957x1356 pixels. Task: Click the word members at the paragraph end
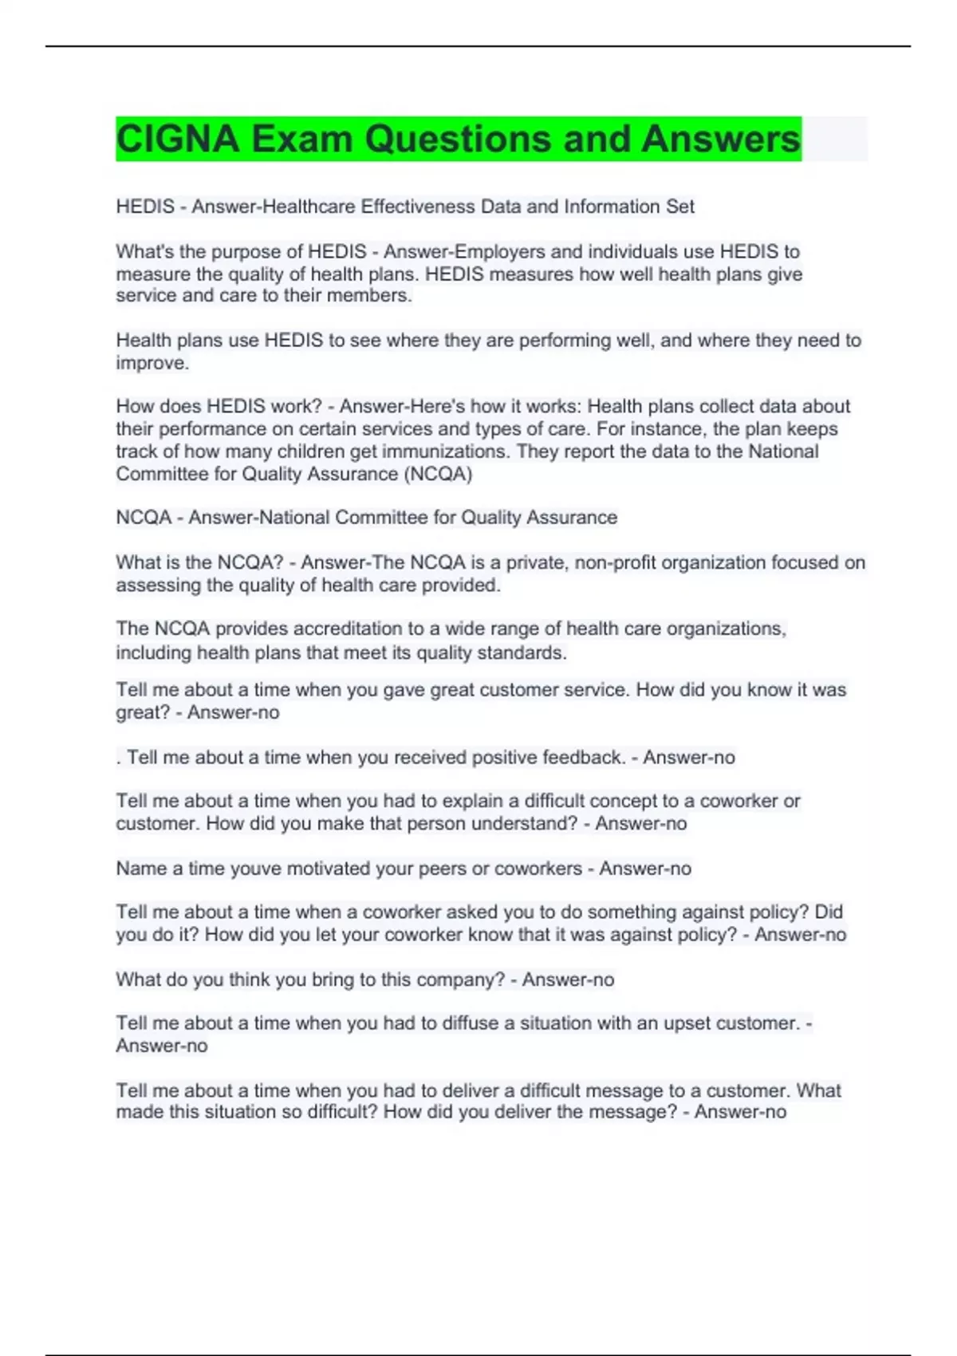(x=372, y=296)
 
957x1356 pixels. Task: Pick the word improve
(x=152, y=363)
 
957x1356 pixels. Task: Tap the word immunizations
(x=444, y=451)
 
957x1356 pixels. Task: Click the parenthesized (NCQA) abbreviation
(x=438, y=474)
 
